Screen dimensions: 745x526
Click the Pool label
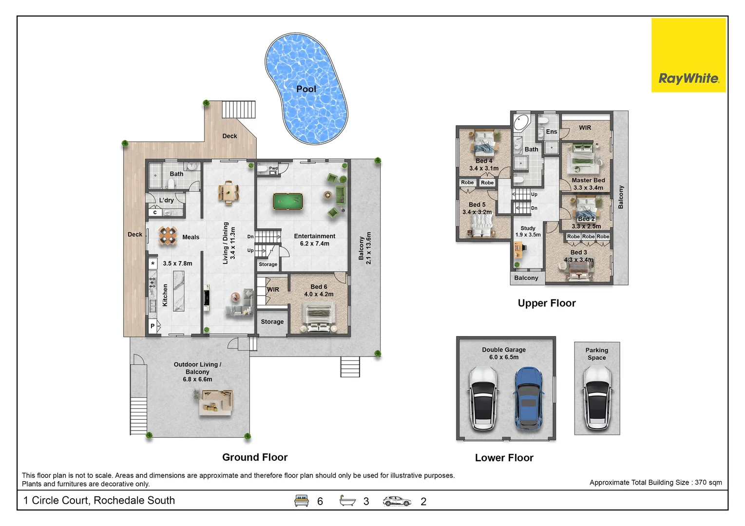tap(306, 89)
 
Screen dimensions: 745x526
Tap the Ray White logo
tap(688, 55)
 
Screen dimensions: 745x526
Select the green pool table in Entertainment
tap(287, 202)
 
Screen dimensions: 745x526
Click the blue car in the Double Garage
tap(528, 398)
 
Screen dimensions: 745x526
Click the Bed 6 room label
tap(319, 286)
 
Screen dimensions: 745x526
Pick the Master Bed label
tap(588, 180)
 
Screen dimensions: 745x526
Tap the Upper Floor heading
tap(546, 303)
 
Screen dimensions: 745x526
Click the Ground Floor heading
tap(255, 457)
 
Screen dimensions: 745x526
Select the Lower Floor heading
tap(504, 458)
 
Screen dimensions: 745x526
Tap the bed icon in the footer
tap(301, 501)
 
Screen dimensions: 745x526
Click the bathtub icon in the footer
tap(347, 500)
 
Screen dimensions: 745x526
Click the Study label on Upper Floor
tap(528, 228)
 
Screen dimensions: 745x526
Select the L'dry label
tap(166, 200)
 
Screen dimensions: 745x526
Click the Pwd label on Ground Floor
tap(273, 168)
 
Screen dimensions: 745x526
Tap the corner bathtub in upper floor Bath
tap(521, 123)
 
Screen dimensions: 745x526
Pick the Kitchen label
tap(165, 295)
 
